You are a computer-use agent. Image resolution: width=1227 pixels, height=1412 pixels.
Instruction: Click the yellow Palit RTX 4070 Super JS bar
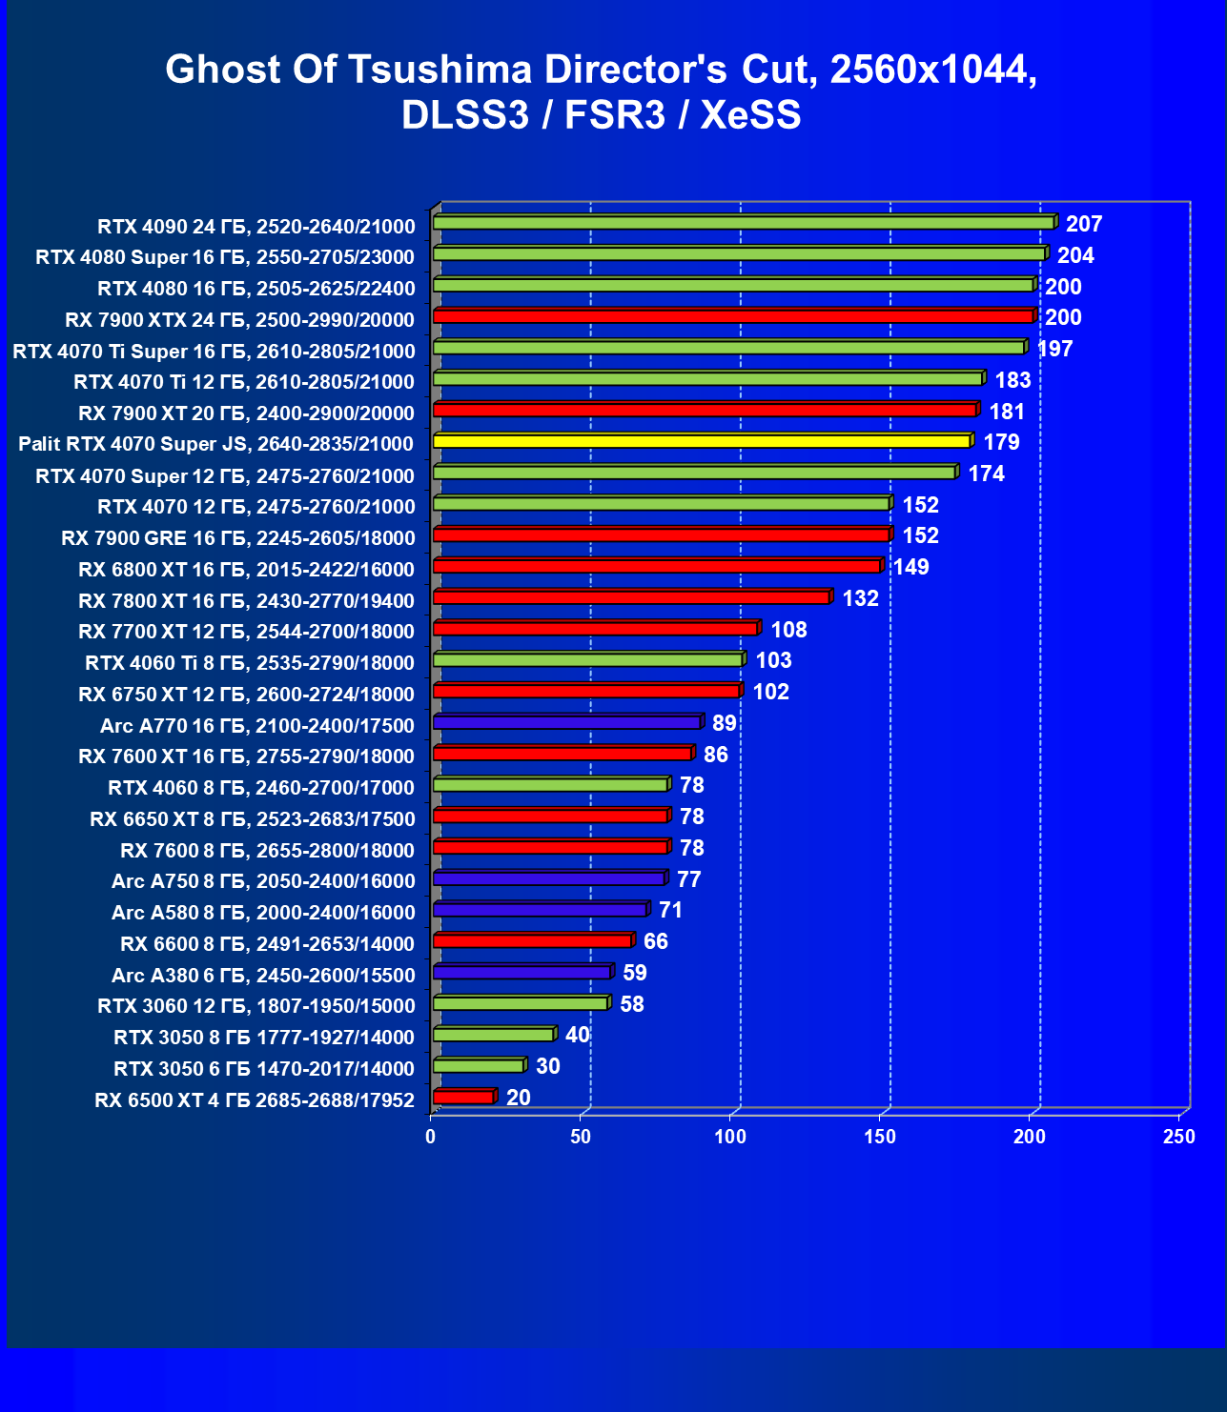click(702, 441)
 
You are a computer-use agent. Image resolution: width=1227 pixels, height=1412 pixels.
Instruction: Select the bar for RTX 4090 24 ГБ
click(744, 223)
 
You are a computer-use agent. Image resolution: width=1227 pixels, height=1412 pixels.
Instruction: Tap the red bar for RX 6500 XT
click(463, 1098)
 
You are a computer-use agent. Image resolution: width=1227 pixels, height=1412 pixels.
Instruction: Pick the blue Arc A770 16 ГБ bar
click(567, 722)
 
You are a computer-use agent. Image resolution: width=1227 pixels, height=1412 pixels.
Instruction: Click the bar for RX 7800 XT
click(631, 597)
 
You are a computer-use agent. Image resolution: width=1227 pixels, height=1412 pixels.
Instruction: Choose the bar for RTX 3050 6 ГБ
click(479, 1066)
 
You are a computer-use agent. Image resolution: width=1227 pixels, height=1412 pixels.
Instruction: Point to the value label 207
click(1084, 224)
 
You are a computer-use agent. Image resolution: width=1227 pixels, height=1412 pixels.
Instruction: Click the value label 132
click(860, 598)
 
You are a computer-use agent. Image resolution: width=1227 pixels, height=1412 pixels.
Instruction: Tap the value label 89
click(725, 723)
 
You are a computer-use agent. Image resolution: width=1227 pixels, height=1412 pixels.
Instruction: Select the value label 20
click(519, 1098)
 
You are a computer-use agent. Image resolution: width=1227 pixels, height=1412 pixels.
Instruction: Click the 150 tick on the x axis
click(880, 1137)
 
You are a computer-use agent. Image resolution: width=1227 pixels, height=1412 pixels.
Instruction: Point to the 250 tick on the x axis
click(1179, 1137)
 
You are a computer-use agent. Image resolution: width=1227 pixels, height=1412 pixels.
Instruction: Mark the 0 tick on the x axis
click(431, 1137)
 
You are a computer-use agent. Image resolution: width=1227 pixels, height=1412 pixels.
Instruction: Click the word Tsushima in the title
click(440, 70)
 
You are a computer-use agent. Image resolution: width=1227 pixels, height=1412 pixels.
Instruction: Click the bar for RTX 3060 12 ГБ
click(521, 1003)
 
